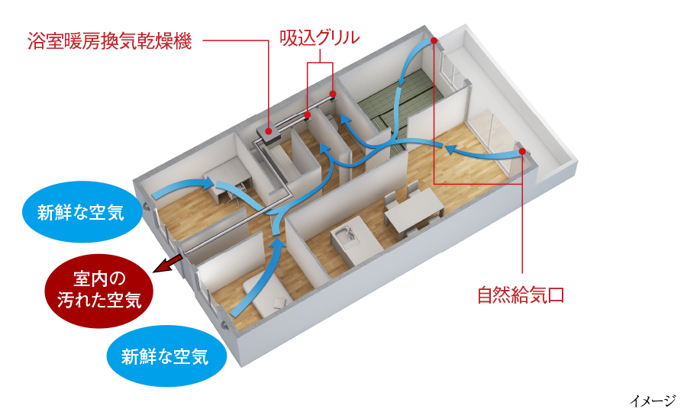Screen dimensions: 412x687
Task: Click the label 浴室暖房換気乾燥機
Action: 108,40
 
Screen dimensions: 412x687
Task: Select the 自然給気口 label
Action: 521,295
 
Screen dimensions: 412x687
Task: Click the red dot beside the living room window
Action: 522,152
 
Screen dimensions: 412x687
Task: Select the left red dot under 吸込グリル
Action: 307,116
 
